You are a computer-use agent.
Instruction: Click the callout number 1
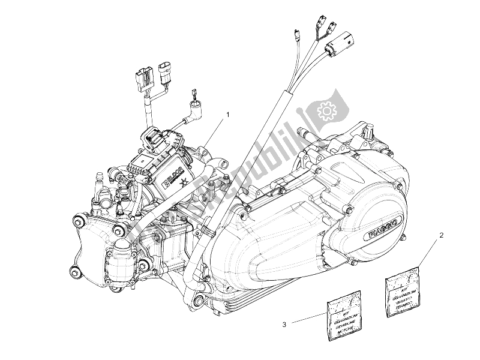[227, 112]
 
